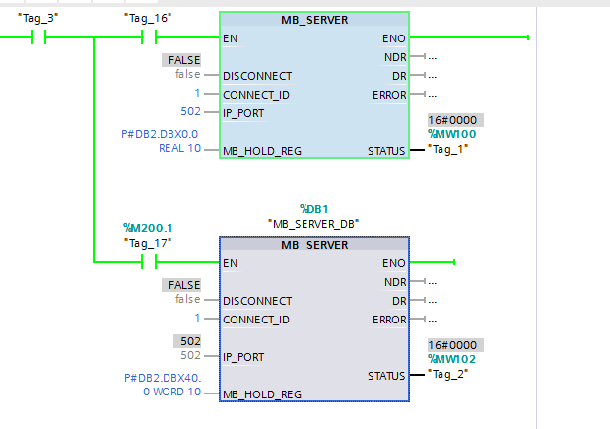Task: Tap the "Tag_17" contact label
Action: click(148, 243)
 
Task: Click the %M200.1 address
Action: click(148, 229)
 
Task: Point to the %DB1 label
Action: click(313, 208)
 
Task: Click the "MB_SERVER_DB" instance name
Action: click(313, 224)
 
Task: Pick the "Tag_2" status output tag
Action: click(448, 376)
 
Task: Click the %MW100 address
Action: click(450, 133)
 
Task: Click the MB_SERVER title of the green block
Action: click(313, 20)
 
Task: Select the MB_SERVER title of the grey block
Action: click(313, 245)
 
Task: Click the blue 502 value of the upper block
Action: click(190, 111)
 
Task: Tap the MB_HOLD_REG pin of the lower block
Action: click(261, 393)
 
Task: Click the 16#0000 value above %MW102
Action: click(450, 345)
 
